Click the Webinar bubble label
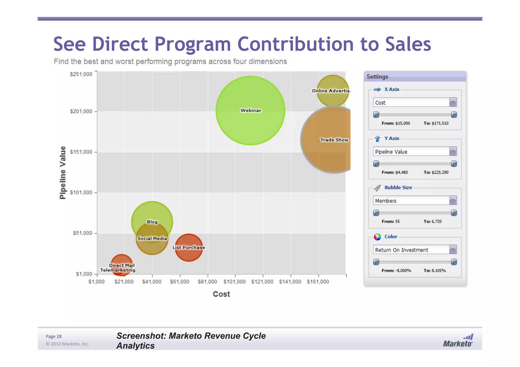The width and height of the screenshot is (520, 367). [251, 110]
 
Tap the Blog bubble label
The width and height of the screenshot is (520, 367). [152, 222]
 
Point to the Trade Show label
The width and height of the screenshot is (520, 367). [334, 140]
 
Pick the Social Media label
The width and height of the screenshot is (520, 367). [152, 238]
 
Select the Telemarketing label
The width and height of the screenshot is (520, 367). [118, 270]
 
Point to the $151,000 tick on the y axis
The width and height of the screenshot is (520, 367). [81, 152]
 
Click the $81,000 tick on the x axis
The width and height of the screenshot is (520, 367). [207, 282]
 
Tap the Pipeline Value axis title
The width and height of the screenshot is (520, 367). [62, 173]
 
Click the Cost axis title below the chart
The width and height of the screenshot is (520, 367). [221, 294]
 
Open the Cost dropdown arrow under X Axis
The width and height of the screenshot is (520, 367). [453, 102]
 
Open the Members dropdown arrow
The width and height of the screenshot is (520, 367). [453, 201]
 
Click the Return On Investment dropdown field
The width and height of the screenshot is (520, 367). [411, 250]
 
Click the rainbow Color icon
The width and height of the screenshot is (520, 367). [377, 237]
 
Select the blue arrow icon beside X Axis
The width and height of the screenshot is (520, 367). [377, 89]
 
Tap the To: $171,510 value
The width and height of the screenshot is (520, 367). [436, 123]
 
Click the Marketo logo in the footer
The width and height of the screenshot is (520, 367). [458, 341]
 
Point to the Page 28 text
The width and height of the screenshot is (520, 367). [54, 336]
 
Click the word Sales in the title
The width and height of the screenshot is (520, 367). [408, 44]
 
